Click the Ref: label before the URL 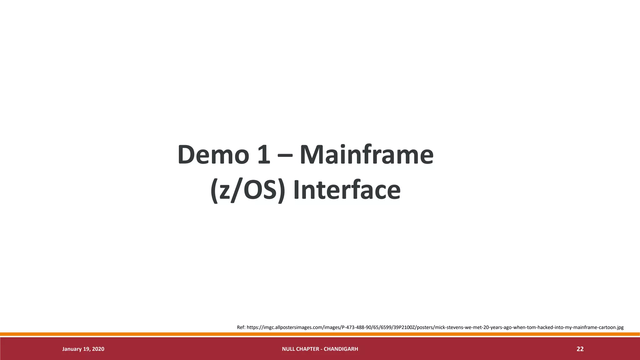[x=241, y=327]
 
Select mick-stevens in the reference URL [x=449, y=327]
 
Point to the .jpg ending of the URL [x=619, y=327]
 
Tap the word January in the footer [x=72, y=349]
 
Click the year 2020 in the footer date [x=98, y=349]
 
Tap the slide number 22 [x=580, y=349]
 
